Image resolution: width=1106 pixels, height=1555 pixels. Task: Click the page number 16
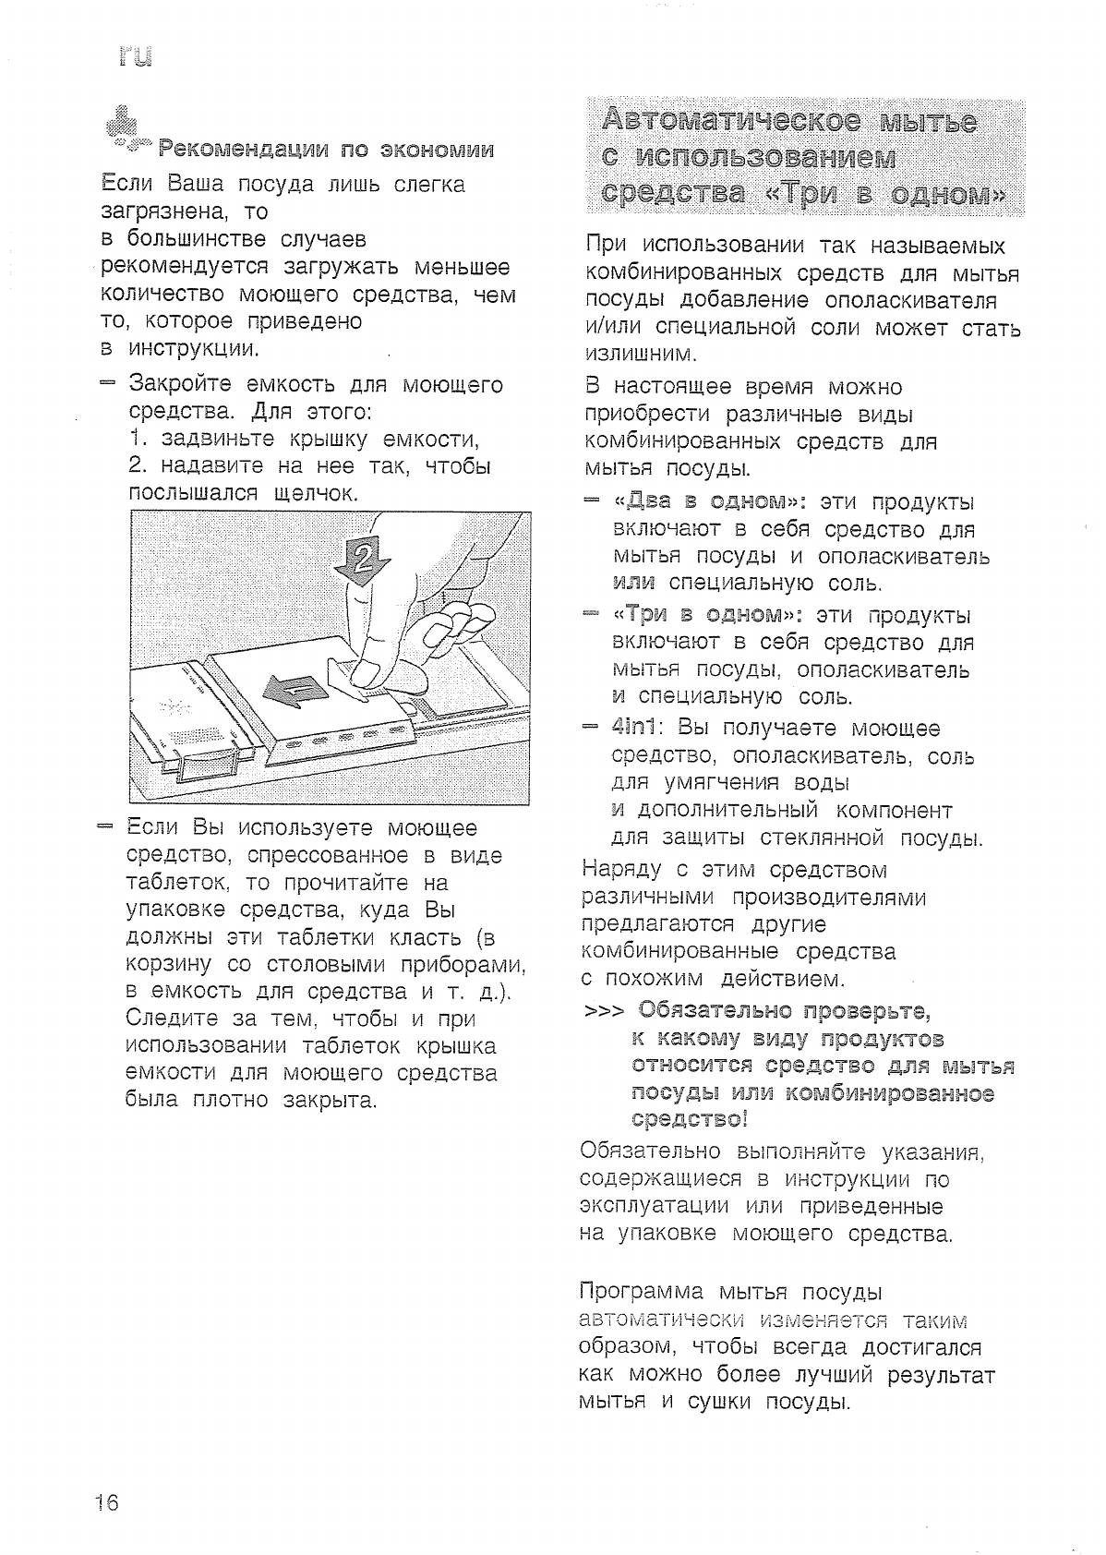point(107,1502)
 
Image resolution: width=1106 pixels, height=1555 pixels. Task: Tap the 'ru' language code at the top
point(135,57)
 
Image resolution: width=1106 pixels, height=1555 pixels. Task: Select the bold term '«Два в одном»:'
point(710,502)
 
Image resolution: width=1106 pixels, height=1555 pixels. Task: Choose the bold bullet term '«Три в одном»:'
point(708,616)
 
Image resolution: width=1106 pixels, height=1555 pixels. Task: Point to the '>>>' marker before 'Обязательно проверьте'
point(605,1012)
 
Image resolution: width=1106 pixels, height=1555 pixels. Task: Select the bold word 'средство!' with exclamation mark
point(690,1120)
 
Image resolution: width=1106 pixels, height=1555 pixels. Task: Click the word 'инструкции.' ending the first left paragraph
point(193,349)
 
